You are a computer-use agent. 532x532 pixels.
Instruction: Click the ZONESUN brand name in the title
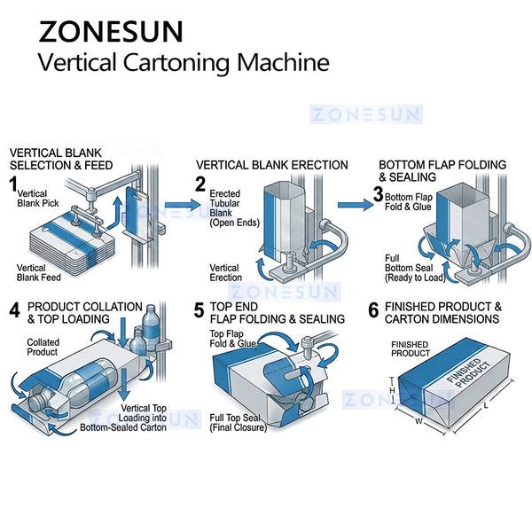[x=111, y=30]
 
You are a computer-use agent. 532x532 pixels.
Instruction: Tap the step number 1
[x=14, y=183]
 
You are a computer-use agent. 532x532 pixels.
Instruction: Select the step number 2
[x=201, y=185]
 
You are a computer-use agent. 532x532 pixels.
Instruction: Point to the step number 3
[x=378, y=193]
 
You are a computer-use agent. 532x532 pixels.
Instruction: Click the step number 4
[x=14, y=311]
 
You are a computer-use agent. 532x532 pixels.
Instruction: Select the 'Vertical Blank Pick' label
[x=34, y=199]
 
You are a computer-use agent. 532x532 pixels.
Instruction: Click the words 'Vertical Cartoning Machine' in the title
[x=183, y=63]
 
